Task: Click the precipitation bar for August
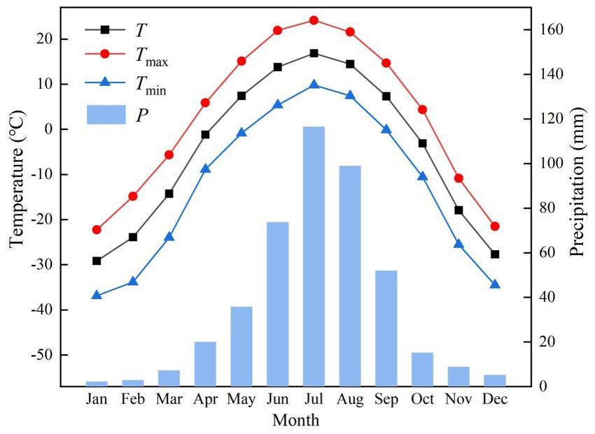click(x=350, y=276)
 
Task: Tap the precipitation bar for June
click(x=277, y=304)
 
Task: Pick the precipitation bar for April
click(x=205, y=363)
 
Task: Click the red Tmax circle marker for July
click(x=314, y=20)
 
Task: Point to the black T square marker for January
click(x=97, y=261)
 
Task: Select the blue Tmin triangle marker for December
click(x=495, y=284)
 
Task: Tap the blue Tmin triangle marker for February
click(x=133, y=281)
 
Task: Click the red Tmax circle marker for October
click(x=422, y=110)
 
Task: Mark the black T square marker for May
click(x=241, y=96)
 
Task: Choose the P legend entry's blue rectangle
click(x=106, y=114)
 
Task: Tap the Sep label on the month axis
click(x=386, y=400)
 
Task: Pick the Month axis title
click(x=295, y=421)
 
